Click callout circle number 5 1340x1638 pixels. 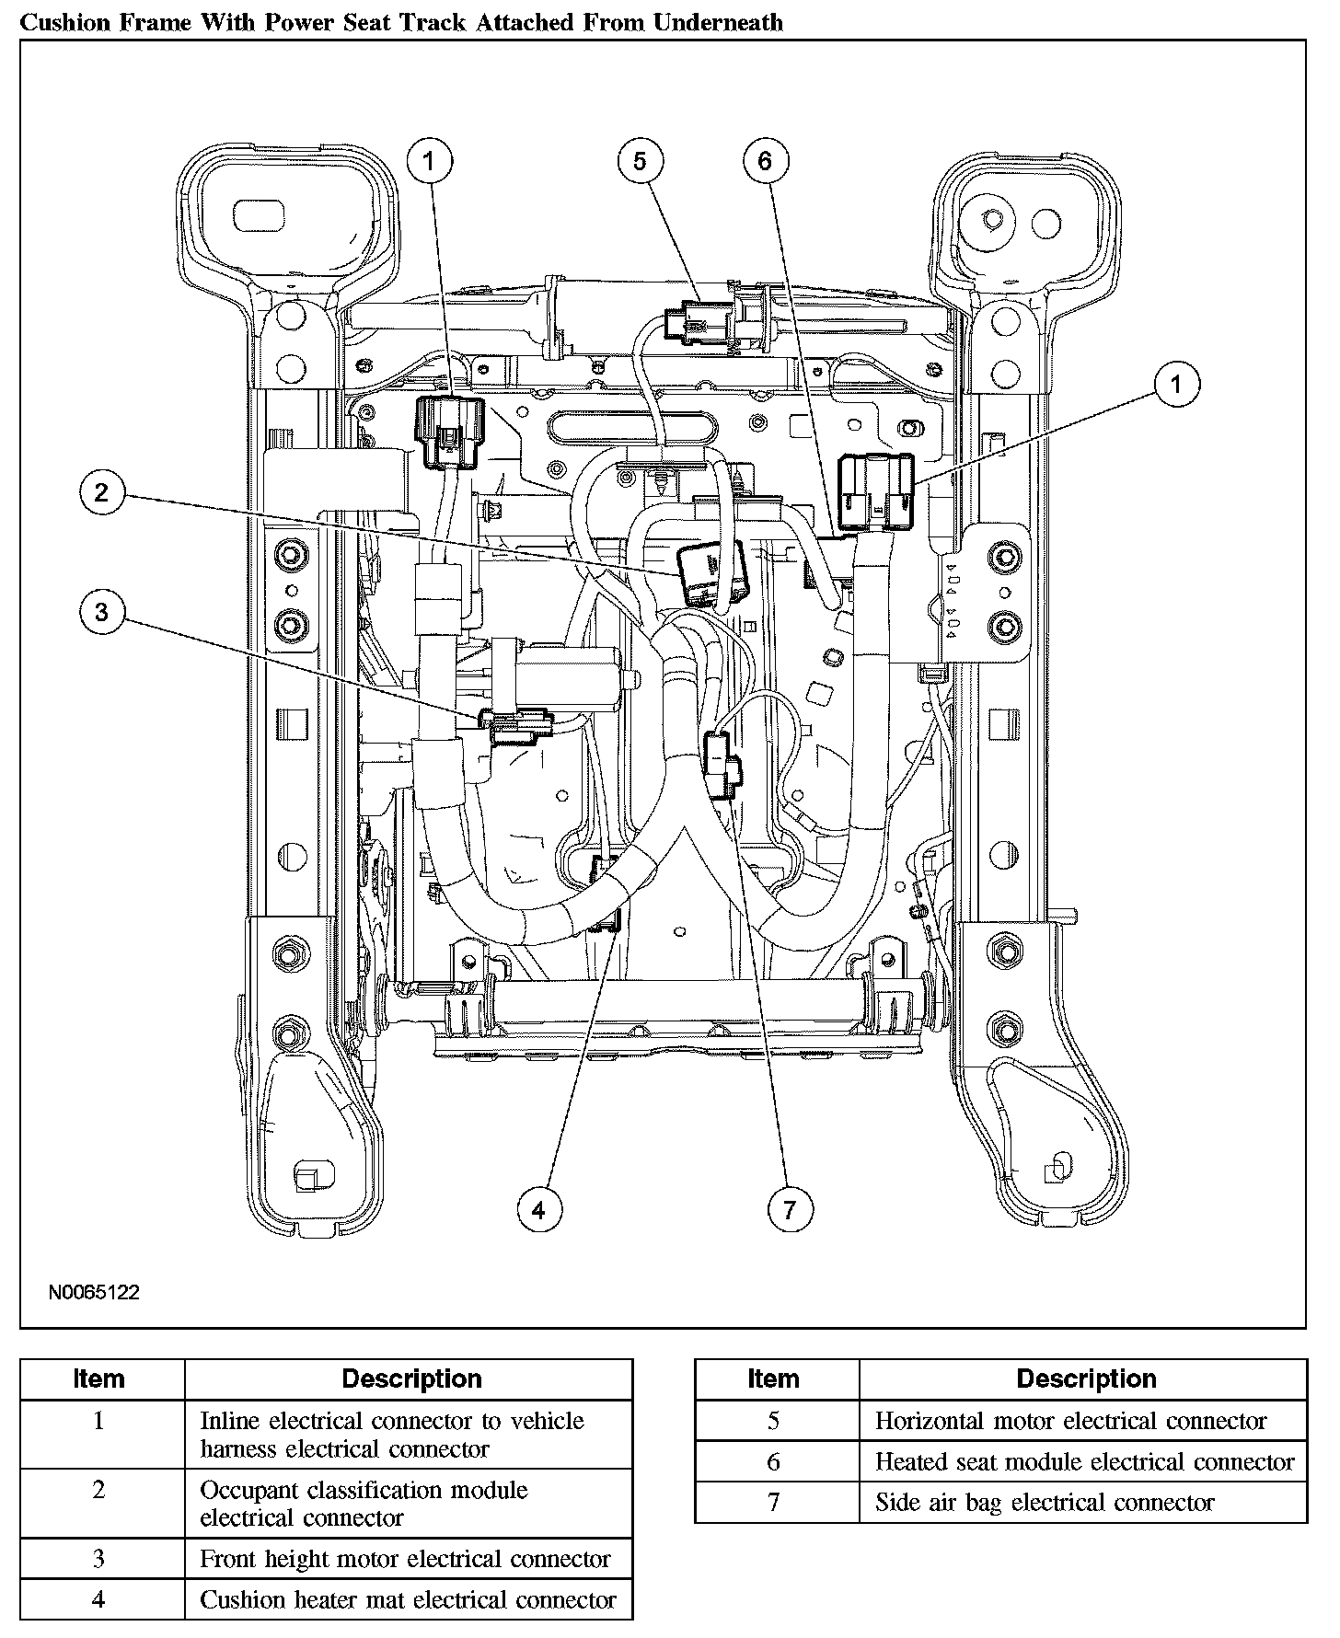tap(640, 162)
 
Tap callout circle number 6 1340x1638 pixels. tap(766, 162)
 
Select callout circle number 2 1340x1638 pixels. tap(101, 492)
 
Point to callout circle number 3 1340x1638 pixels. tap(101, 612)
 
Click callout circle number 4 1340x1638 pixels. tap(538, 1209)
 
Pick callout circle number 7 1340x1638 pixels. tap(791, 1209)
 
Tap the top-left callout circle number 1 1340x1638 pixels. tap(429, 162)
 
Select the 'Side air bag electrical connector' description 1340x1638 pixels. tap(1045, 1503)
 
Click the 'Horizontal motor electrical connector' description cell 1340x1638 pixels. tap(1070, 1421)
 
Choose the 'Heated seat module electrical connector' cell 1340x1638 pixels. tap(1084, 1462)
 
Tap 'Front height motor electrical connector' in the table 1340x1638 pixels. tap(405, 1559)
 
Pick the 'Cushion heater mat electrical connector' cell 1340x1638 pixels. tap(408, 1600)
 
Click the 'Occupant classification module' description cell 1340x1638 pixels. tap(364, 1504)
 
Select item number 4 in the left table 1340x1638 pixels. tap(98, 1600)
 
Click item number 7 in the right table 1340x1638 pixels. tap(773, 1503)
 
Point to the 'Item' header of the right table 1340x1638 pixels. tap(773, 1378)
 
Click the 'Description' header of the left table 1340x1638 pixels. tap(411, 1378)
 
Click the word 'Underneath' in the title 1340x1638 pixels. tap(718, 22)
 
